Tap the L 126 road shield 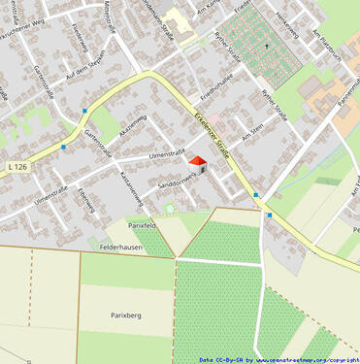16,167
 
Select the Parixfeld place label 142,224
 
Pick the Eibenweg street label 85,199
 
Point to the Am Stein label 252,131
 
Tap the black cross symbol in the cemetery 266,46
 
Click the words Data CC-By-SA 222,359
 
